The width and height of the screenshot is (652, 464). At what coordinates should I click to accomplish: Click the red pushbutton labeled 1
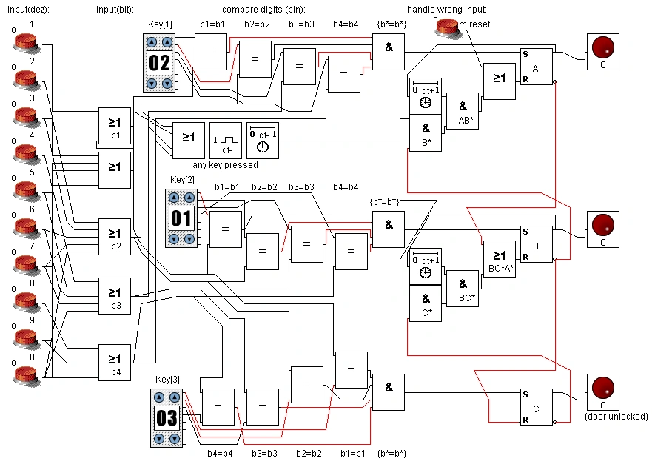tap(26, 42)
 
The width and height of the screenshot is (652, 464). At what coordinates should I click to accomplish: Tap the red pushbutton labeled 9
tap(26, 338)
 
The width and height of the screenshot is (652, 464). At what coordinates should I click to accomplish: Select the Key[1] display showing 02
tap(159, 63)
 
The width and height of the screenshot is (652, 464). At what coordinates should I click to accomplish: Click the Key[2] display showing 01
tap(181, 218)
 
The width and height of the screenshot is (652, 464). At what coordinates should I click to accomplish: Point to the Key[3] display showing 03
tap(167, 418)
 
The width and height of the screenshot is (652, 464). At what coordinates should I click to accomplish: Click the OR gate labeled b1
tap(115, 126)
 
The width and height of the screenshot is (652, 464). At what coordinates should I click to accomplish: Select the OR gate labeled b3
tap(115, 295)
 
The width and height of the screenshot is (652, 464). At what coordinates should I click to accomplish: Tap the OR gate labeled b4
tap(115, 362)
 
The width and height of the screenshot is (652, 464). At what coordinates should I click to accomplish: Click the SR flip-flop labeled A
tap(537, 67)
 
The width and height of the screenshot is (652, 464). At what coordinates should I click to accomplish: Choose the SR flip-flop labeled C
tap(537, 406)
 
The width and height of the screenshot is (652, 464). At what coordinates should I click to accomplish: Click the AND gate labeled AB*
tap(463, 111)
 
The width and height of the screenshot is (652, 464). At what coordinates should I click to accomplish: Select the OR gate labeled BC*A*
tap(500, 259)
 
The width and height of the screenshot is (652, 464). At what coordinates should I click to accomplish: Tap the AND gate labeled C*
tap(426, 303)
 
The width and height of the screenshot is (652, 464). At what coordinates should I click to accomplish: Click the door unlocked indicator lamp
tap(603, 392)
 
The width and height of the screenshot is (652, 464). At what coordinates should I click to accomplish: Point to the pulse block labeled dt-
tap(226, 141)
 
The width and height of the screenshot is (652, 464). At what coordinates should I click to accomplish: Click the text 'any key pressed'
tap(226, 165)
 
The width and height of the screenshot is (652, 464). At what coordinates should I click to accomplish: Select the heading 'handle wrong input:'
tap(447, 9)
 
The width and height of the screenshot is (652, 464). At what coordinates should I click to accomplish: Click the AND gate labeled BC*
tap(463, 289)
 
